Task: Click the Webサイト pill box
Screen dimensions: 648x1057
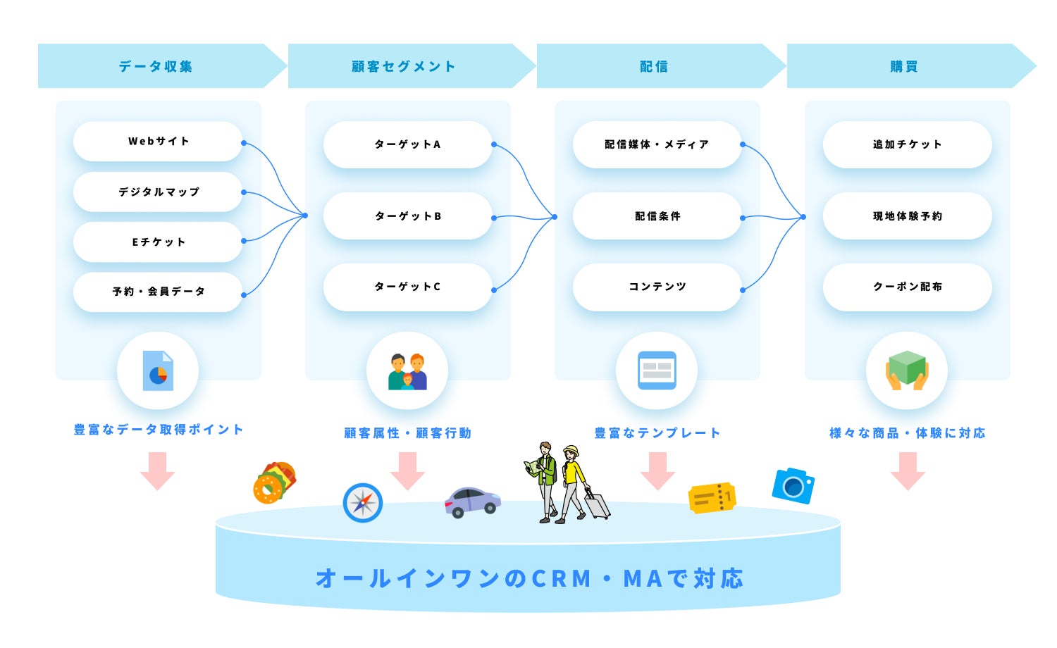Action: [158, 142]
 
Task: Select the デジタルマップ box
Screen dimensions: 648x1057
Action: [158, 192]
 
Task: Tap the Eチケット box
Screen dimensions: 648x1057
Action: [158, 242]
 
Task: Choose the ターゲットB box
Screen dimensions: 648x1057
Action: [407, 216]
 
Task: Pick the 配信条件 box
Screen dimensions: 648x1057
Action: [657, 216]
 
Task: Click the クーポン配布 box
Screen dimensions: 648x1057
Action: [907, 287]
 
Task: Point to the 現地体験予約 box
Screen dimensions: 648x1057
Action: [907, 216]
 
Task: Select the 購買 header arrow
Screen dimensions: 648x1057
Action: [904, 66]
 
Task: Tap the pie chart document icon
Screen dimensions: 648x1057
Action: [158, 370]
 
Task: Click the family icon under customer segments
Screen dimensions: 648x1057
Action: [407, 371]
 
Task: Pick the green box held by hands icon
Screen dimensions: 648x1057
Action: [907, 370]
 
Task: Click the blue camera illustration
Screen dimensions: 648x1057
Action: [793, 486]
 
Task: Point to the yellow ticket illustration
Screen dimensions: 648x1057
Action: [712, 498]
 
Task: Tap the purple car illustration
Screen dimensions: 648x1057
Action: [471, 501]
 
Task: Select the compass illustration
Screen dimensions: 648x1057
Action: [363, 503]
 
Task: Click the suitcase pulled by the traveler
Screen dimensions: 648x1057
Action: [598, 505]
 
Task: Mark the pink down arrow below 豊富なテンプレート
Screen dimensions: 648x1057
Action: [657, 471]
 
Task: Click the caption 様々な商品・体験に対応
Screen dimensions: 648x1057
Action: [907, 433]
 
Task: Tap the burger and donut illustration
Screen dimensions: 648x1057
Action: [274, 482]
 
